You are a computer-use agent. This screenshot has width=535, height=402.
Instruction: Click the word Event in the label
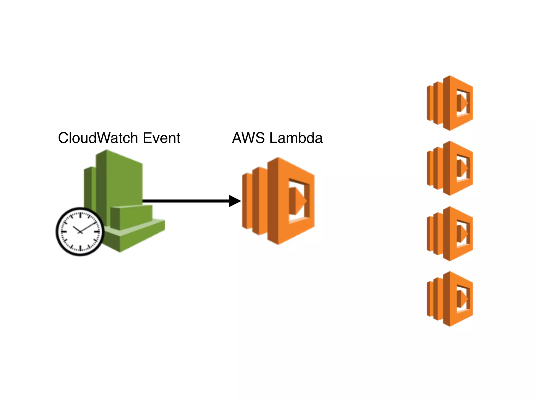click(x=161, y=138)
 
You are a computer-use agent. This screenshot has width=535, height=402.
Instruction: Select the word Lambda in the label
click(x=296, y=138)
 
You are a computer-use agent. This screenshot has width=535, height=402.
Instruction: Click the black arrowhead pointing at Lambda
click(x=234, y=201)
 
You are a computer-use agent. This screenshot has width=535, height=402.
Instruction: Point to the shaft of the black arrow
click(x=185, y=201)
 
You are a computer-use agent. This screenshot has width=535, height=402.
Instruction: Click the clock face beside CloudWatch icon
click(x=80, y=232)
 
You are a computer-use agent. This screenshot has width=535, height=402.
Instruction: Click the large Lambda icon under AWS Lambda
click(x=278, y=201)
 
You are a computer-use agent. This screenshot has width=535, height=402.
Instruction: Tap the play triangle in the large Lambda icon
click(x=298, y=201)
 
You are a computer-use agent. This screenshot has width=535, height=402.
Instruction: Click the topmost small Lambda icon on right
click(x=450, y=103)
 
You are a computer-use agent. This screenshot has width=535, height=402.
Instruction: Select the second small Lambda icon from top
click(x=450, y=168)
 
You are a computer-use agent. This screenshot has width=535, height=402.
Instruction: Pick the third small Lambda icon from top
click(x=450, y=234)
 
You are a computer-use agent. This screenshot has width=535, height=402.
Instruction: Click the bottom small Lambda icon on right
click(x=450, y=299)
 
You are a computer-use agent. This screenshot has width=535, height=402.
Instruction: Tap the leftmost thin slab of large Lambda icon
click(x=246, y=201)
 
